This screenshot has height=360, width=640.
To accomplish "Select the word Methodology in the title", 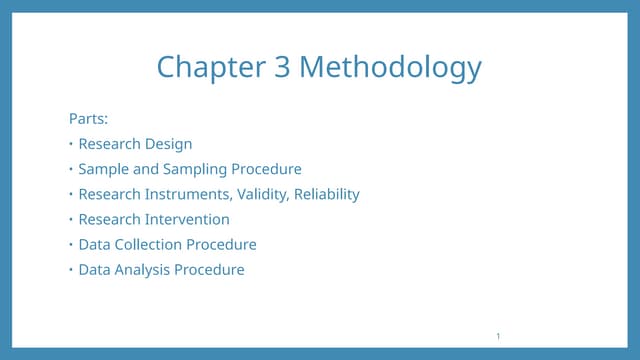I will (390, 68).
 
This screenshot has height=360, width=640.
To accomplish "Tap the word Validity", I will (264, 194).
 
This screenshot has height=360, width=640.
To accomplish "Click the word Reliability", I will (327, 194).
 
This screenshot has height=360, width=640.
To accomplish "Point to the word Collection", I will (147, 244).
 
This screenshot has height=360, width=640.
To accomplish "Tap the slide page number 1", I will (497, 336).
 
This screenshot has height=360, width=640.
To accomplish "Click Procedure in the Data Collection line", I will (221, 244).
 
